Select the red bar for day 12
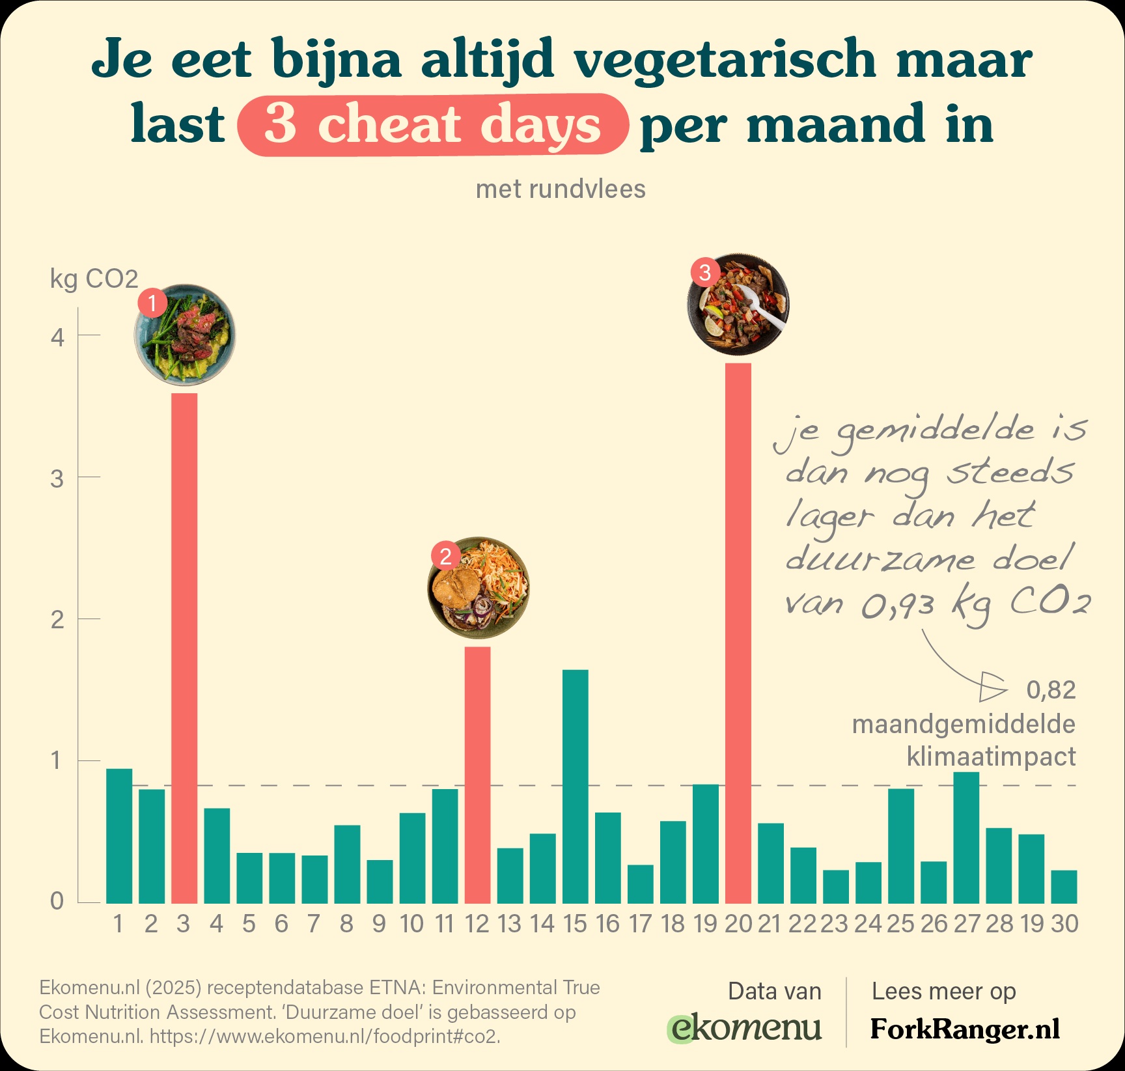pyautogui.click(x=477, y=775)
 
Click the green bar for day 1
pyautogui.click(x=119, y=836)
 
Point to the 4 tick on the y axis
pyautogui.click(x=57, y=337)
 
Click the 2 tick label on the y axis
pyautogui.click(x=57, y=620)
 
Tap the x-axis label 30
pyautogui.click(x=1064, y=924)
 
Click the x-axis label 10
pyautogui.click(x=411, y=924)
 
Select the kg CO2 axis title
pyautogui.click(x=94, y=279)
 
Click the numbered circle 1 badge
pyautogui.click(x=152, y=303)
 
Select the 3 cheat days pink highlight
pyautogui.click(x=433, y=125)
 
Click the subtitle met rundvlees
pyautogui.click(x=561, y=189)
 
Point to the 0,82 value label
pyautogui.click(x=1051, y=690)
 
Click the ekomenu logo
pyautogui.click(x=745, y=1028)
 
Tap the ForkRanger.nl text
pyautogui.click(x=965, y=1029)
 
